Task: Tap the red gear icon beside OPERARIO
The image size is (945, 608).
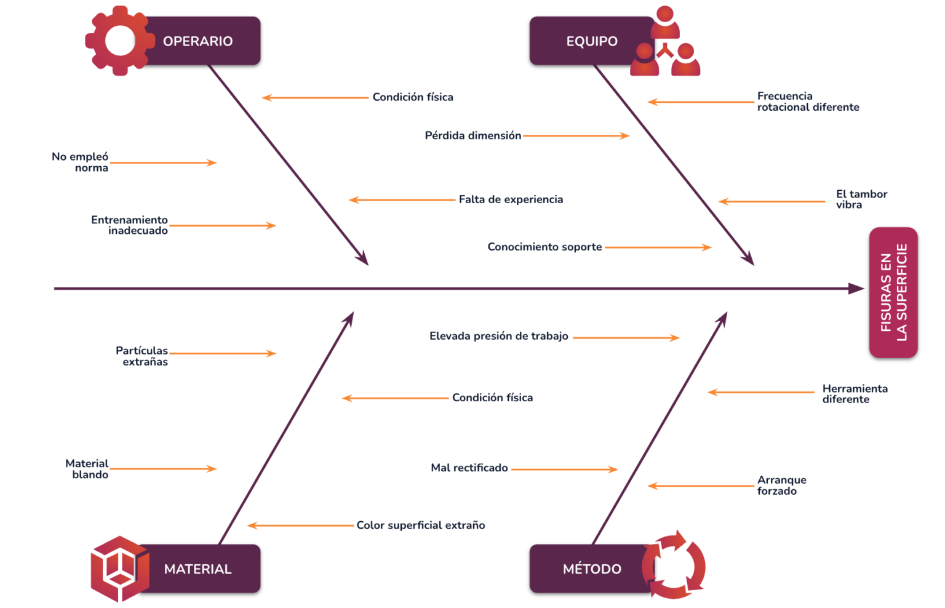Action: (x=119, y=41)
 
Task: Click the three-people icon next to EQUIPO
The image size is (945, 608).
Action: (x=666, y=43)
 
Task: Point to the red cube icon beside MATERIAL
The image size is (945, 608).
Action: (x=119, y=569)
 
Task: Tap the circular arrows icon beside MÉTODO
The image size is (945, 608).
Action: (x=674, y=565)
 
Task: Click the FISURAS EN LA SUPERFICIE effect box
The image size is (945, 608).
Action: (x=893, y=292)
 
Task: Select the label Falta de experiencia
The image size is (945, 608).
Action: (x=511, y=199)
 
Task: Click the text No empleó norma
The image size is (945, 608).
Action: (x=81, y=162)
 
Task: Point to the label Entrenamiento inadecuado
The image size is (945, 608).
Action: (x=130, y=225)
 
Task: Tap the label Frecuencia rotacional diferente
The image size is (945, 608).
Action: (x=807, y=102)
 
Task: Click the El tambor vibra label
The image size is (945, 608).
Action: (x=861, y=199)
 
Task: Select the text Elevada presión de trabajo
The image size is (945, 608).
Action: (x=498, y=336)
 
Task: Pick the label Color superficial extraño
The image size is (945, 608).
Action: (x=421, y=526)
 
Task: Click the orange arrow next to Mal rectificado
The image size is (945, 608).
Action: (x=564, y=470)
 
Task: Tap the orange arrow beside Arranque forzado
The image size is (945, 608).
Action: (x=701, y=486)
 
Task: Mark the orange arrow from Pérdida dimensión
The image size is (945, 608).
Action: (x=576, y=136)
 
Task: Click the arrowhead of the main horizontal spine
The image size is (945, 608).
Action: (x=857, y=289)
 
